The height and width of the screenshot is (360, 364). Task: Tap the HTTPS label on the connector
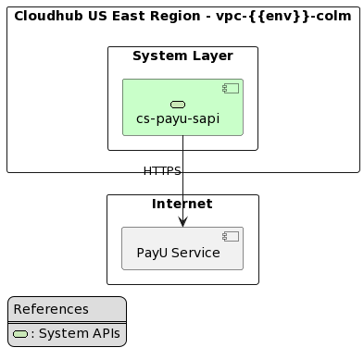[162, 171]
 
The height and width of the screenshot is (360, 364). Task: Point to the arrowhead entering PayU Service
[182, 221]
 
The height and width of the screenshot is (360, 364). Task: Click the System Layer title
[182, 56]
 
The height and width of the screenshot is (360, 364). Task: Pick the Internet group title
[182, 204]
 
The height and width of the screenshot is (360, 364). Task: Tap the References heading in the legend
[51, 309]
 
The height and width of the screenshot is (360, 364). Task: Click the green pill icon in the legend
[20, 334]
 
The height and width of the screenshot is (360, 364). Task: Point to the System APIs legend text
[78, 334]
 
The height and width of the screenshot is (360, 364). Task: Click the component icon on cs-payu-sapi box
[231, 88]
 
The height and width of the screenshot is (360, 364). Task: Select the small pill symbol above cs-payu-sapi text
[178, 105]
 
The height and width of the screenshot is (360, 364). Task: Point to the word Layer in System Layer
[214, 56]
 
